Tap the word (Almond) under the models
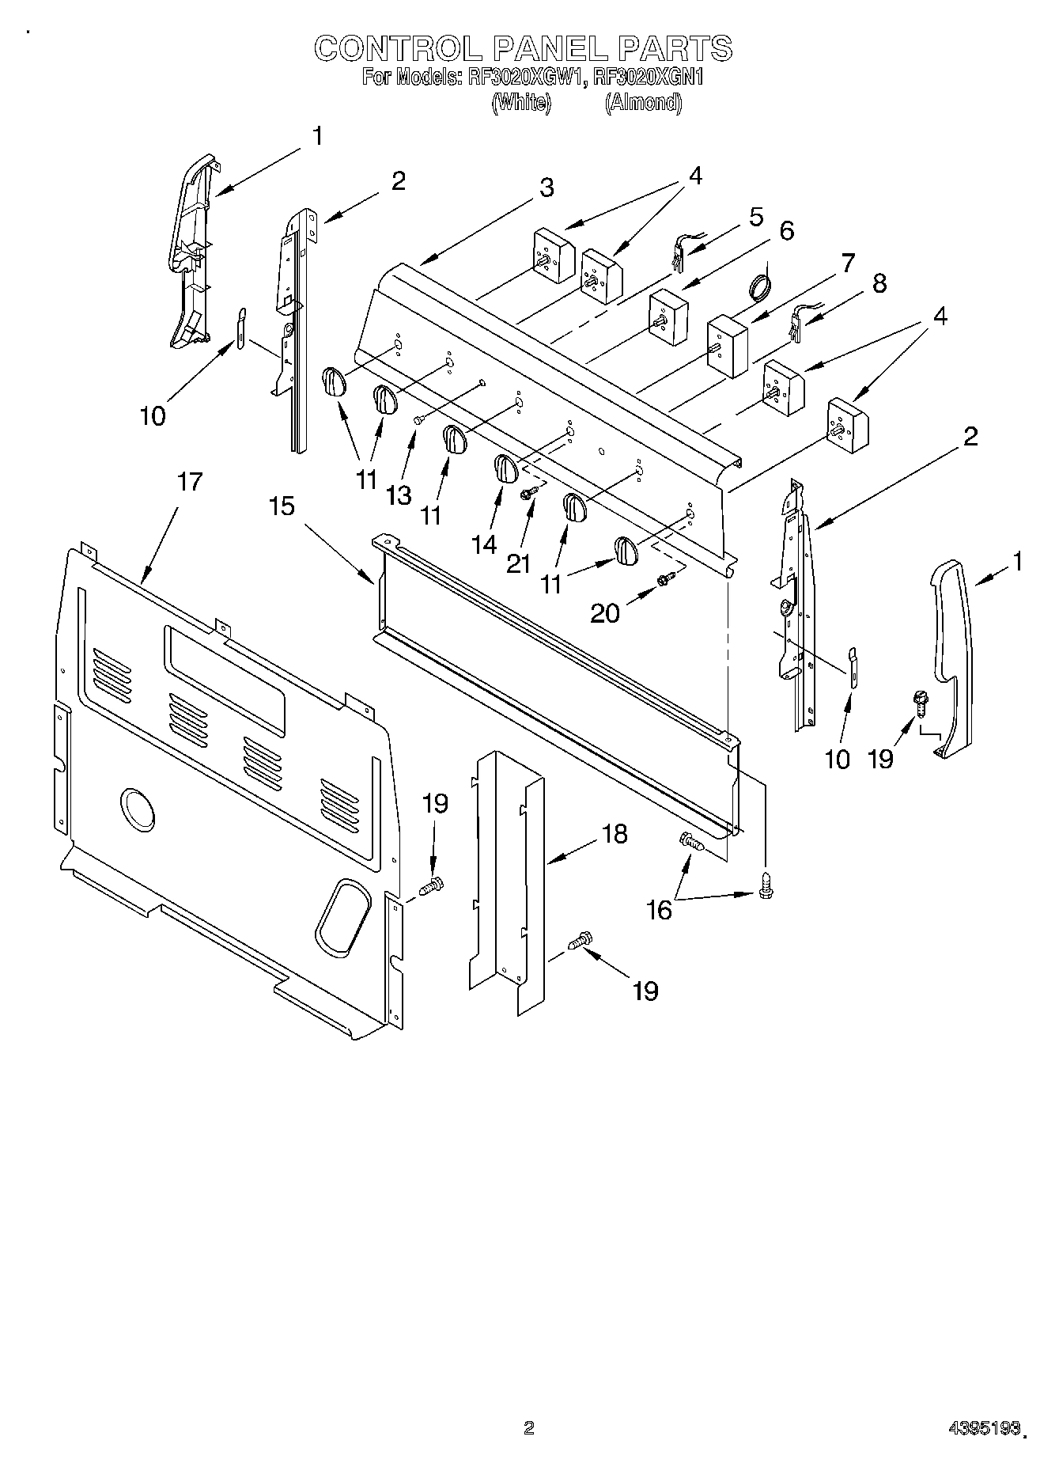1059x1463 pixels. [643, 102]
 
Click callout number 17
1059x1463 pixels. [189, 481]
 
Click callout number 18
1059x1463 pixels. [613, 833]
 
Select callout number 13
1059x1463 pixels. [399, 495]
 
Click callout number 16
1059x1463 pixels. [659, 910]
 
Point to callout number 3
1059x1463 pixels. [547, 188]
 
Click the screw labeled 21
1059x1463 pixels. [528, 494]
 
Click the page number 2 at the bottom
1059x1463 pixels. [528, 1427]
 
